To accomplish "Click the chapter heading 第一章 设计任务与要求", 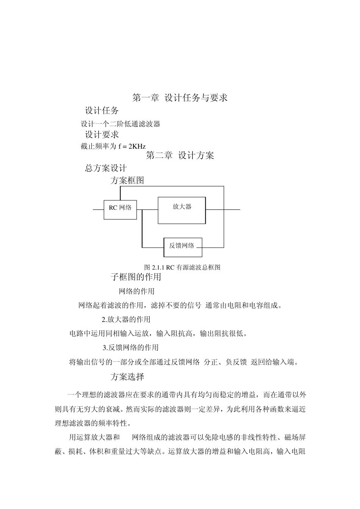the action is (x=180, y=98).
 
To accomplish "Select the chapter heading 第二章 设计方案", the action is (x=180, y=156).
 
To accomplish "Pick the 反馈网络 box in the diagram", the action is (x=182, y=247).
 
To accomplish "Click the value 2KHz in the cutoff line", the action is (x=137, y=146).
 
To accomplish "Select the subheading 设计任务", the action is (x=102, y=111).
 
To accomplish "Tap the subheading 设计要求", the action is (x=102, y=134).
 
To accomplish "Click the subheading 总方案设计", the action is (x=106, y=168).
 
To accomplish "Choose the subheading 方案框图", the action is (x=127, y=181).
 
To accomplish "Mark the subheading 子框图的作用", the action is (x=136, y=277).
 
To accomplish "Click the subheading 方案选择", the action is (x=127, y=377).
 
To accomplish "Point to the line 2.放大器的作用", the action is (x=126, y=320).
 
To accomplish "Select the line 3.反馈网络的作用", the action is (x=130, y=348).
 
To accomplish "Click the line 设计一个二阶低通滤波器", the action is (x=121, y=124).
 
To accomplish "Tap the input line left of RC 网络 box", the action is (x=98, y=209).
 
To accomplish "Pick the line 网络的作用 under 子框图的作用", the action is (x=136, y=291).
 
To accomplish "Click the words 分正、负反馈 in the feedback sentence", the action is (x=225, y=362).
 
